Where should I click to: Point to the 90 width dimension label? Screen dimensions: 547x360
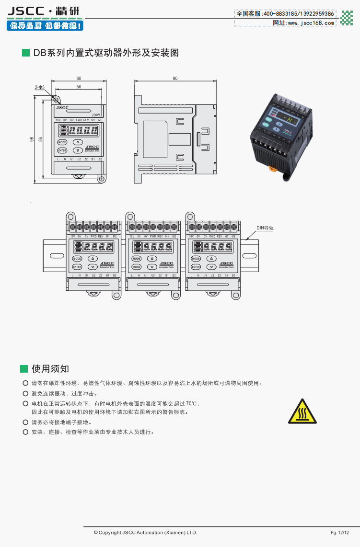click(x=175, y=78)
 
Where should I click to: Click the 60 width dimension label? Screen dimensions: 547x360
click(x=79, y=78)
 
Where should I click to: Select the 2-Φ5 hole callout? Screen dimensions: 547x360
click(x=40, y=87)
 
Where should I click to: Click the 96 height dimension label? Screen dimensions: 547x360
click(x=32, y=139)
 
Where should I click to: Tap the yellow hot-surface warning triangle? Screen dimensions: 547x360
click(x=302, y=411)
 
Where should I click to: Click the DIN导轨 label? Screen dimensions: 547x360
click(x=265, y=228)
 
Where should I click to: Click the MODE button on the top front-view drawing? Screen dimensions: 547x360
click(x=62, y=142)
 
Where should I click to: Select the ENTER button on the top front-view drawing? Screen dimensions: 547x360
click(x=62, y=150)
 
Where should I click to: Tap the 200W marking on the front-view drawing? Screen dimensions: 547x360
click(x=95, y=115)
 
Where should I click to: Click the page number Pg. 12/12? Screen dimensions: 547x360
click(x=339, y=533)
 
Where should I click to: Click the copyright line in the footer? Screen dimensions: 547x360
click(x=145, y=533)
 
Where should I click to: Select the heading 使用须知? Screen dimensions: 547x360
click(x=50, y=368)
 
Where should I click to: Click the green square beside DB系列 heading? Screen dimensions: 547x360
click(x=26, y=53)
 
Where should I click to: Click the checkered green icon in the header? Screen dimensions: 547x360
click(x=346, y=18)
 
